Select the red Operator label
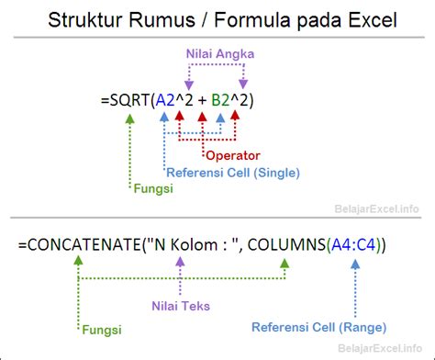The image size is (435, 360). pos(233,154)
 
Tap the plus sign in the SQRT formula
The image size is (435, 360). pos(197,96)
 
